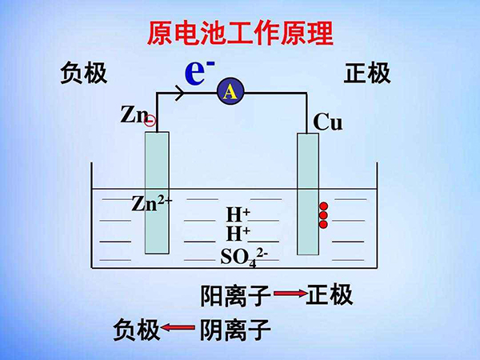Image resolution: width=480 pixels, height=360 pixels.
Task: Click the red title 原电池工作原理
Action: [x=240, y=33]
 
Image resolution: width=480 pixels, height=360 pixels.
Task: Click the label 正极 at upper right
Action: [x=367, y=74]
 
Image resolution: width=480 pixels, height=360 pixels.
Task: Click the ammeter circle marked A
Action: [x=230, y=93]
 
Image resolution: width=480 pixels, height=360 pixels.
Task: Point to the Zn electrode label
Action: [x=134, y=114]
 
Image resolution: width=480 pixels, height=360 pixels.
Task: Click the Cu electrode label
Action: [x=328, y=122]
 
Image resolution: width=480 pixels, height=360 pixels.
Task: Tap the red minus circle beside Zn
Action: [x=150, y=121]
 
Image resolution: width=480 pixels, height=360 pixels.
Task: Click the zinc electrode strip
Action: [x=157, y=191]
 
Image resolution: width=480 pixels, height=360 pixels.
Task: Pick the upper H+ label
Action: [x=238, y=214]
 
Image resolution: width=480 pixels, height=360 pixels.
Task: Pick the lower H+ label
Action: [x=238, y=234]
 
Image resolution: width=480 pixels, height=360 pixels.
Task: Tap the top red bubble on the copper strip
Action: [x=323, y=204]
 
